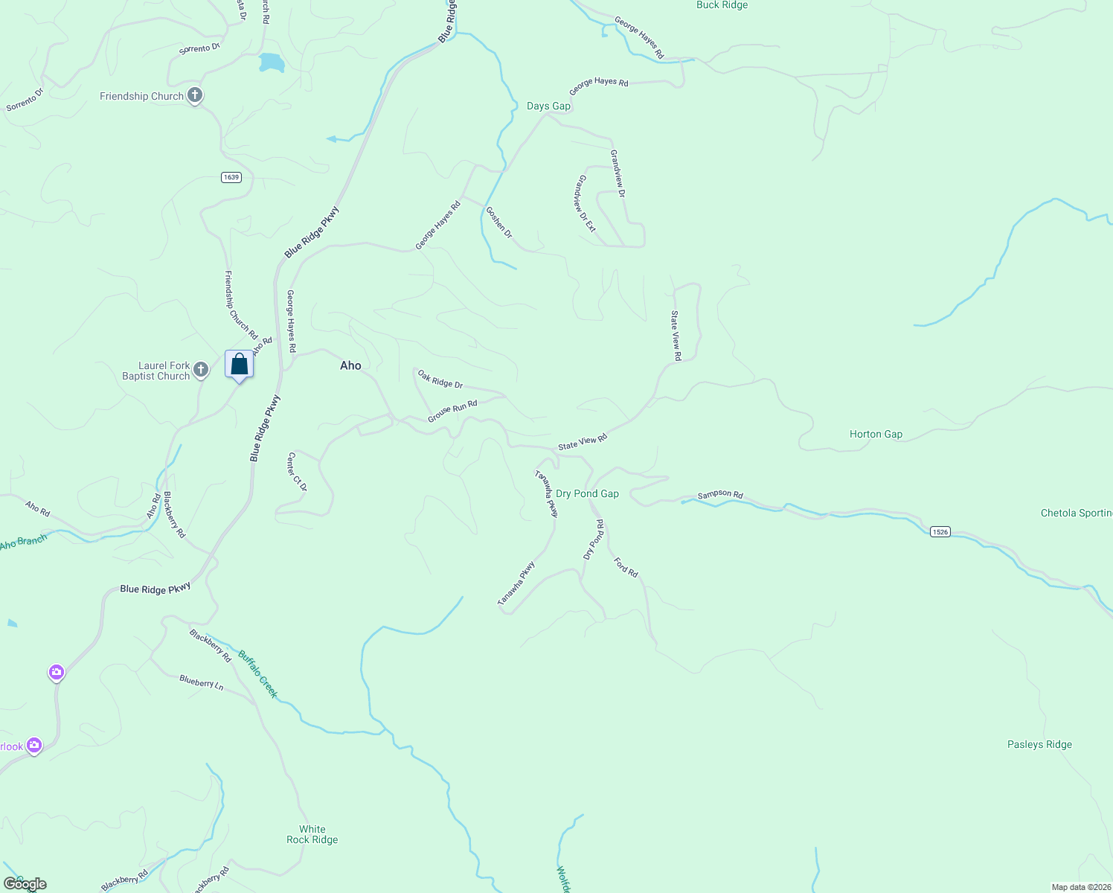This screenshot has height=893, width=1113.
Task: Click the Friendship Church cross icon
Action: (195, 95)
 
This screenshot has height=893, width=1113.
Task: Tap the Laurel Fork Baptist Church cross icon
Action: (200, 369)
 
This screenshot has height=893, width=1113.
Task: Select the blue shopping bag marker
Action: (239, 365)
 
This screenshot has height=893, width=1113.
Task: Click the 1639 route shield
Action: (231, 177)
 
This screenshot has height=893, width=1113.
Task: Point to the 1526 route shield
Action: (940, 531)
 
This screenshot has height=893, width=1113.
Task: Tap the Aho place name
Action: (350, 365)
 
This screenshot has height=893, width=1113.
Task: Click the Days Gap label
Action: (548, 106)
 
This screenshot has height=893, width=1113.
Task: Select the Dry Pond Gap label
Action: (587, 493)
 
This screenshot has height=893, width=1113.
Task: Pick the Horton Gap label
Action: (876, 434)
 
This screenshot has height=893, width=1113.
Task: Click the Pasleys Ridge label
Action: (1039, 744)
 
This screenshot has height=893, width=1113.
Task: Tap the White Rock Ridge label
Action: (312, 834)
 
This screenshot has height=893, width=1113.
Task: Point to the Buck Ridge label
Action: (722, 5)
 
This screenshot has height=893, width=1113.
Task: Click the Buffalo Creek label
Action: (258, 674)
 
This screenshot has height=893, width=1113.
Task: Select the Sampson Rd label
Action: (720, 495)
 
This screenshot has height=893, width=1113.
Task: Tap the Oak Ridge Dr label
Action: (440, 380)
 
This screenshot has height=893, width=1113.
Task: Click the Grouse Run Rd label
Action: (452, 411)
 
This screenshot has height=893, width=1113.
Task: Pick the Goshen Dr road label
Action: (499, 222)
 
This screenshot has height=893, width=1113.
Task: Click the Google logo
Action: (25, 884)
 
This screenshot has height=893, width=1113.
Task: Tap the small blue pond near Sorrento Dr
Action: (272, 63)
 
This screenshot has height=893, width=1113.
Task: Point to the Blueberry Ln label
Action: (202, 682)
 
